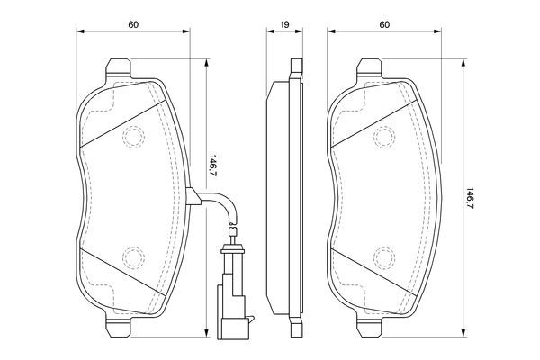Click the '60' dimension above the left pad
(x=132, y=24)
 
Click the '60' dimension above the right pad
(x=384, y=24)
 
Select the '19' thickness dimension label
(x=284, y=24)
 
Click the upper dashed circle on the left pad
(x=133, y=137)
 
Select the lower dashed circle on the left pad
(x=133, y=258)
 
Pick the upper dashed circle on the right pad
(x=385, y=137)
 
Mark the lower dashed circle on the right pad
(x=385, y=258)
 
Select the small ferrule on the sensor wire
(x=232, y=235)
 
